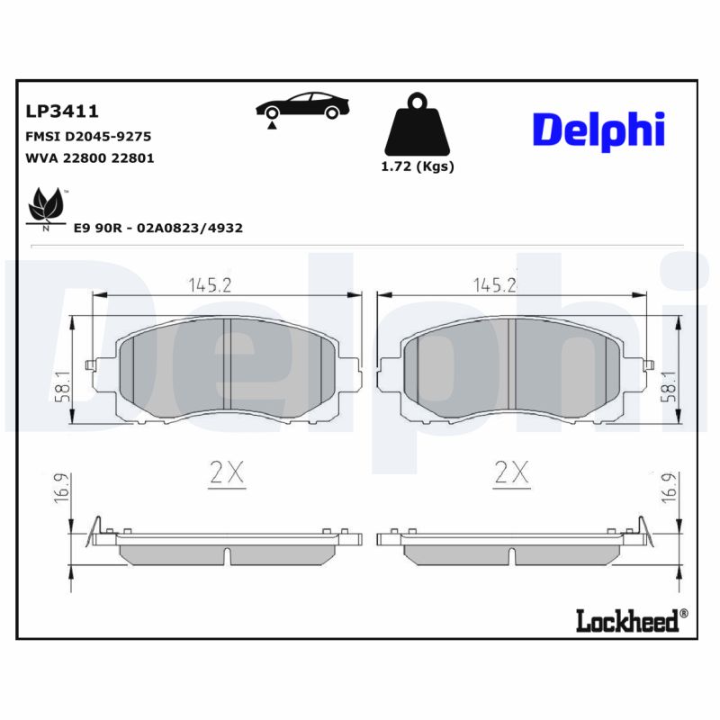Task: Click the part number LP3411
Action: coord(61,112)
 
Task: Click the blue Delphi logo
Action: coord(598,130)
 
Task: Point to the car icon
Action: coord(302,107)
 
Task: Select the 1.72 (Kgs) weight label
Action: coord(418,166)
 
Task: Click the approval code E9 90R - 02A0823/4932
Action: coord(157,229)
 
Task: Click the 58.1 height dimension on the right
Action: coord(668,385)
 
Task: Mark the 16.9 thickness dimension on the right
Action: coord(668,490)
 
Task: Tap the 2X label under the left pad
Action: coord(226,473)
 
